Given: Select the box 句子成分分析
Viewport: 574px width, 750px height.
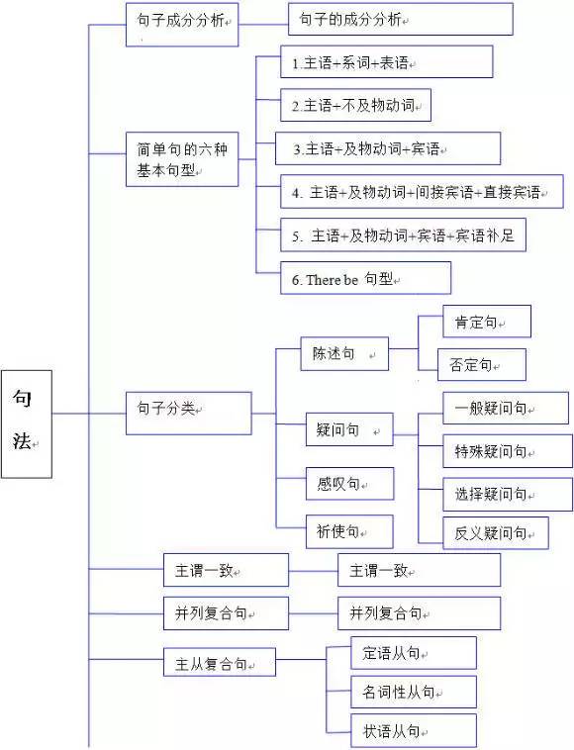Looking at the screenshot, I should (x=182, y=21).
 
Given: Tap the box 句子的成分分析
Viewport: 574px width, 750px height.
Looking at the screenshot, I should (x=400, y=20).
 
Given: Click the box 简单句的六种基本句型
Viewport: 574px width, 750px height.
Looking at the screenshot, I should (x=182, y=159).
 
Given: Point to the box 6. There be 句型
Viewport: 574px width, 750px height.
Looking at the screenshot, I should (x=365, y=279).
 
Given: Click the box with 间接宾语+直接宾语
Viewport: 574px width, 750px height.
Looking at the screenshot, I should (x=421, y=192).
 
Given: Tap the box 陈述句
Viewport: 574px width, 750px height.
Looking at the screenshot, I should (x=343, y=354).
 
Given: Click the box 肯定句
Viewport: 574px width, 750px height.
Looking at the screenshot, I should (x=474, y=323).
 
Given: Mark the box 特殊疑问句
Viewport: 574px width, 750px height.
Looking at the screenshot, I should (x=492, y=451).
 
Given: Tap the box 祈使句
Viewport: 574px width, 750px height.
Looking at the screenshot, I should (x=348, y=531).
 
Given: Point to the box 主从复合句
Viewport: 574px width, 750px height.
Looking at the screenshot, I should (x=219, y=663).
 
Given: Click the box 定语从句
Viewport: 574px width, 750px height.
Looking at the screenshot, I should (x=413, y=653).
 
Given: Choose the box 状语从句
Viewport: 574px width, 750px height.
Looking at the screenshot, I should (x=413, y=731).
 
